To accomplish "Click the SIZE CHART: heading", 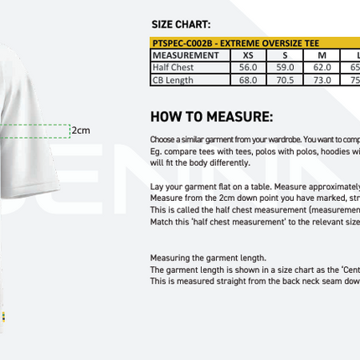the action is [181, 25].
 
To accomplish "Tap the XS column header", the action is [248, 55].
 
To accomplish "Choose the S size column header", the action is [285, 55].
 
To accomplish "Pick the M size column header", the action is [322, 55].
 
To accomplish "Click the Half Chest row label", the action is [173, 68].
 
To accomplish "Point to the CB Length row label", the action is [173, 80].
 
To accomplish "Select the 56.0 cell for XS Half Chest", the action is [248, 68].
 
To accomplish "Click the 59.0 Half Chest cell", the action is [285, 68].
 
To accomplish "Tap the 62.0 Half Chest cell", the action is [322, 68].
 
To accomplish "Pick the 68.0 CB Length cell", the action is [248, 80].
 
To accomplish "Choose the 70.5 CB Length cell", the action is [285, 80].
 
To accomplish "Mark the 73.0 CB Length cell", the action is [322, 80].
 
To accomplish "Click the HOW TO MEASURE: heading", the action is [211, 116].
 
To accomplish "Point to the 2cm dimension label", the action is [80, 130].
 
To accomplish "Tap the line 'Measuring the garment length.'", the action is [208, 258].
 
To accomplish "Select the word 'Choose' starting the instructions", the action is [162, 139].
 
